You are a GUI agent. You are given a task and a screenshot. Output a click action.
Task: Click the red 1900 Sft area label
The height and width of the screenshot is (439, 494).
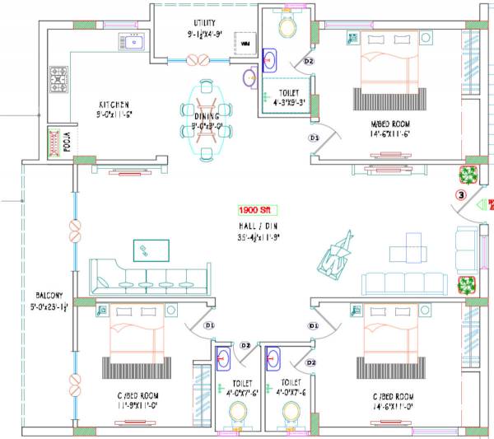[x=255, y=210]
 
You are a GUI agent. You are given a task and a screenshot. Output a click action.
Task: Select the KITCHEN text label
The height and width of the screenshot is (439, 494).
[x=114, y=105]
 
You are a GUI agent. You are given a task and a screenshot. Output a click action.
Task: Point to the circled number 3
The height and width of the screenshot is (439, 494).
[x=462, y=195]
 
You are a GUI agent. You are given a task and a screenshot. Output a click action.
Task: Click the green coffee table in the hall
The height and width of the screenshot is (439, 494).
[x=151, y=250]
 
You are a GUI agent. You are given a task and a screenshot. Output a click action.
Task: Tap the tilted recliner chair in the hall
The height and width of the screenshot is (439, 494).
[x=336, y=255]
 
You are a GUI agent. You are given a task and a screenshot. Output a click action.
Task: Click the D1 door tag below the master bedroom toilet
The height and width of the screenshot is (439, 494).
[x=313, y=138]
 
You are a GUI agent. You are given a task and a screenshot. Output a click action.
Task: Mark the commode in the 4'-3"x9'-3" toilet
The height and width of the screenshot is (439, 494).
[x=287, y=26]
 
